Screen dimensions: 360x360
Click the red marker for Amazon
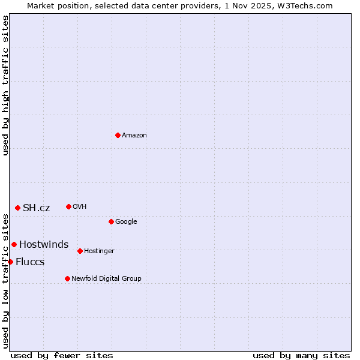[x=118, y=135]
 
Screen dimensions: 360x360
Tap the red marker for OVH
[x=68, y=206]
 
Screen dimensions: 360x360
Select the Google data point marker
[x=111, y=221]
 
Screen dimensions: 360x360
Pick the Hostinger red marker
[x=80, y=251]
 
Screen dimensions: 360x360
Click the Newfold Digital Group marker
[x=67, y=278]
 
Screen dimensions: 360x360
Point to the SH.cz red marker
[x=17, y=208]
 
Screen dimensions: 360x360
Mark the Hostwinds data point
[x=14, y=244]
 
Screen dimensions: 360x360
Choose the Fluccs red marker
[x=10, y=262]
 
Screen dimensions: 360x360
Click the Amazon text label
[x=134, y=136]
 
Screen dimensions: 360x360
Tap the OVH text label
[x=80, y=207]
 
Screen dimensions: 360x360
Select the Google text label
[x=126, y=222]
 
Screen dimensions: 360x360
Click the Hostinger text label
[x=99, y=251]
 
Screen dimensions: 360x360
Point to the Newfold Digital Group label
[x=106, y=279]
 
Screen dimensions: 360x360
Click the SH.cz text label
[x=37, y=208]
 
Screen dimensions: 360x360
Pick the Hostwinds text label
[x=44, y=245]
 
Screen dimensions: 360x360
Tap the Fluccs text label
[x=30, y=262]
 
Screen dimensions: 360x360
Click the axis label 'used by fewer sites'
[x=62, y=355]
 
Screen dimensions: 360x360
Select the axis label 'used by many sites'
[x=301, y=355]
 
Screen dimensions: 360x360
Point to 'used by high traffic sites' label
[x=5, y=85]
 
